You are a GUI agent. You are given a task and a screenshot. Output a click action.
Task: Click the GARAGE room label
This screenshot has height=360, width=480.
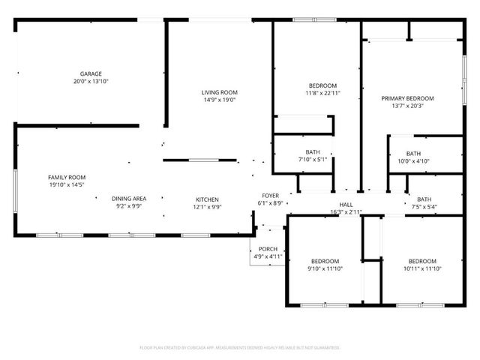click(91, 73)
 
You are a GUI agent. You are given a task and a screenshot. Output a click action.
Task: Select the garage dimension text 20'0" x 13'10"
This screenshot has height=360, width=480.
click(91, 81)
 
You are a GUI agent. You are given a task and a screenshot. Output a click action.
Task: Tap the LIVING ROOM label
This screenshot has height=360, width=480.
click(219, 92)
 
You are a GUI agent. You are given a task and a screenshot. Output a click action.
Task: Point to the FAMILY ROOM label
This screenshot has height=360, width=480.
click(67, 176)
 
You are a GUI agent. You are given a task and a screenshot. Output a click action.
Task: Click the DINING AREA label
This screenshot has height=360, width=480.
click(129, 199)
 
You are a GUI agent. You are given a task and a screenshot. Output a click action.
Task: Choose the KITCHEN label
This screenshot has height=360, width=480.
click(208, 199)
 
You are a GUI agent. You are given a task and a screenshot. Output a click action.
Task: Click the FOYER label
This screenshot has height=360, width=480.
click(270, 196)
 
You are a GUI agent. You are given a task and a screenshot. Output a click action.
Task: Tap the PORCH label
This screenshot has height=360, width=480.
click(268, 250)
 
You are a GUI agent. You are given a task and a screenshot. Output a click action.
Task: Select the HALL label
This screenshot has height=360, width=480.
click(346, 205)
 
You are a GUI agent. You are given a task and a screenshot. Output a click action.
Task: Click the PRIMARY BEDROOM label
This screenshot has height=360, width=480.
click(407, 98)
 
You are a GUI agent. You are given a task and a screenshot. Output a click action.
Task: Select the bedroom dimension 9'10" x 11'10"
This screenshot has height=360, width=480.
click(325, 268)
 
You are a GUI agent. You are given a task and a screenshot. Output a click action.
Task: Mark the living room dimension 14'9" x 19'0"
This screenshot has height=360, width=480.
click(219, 100)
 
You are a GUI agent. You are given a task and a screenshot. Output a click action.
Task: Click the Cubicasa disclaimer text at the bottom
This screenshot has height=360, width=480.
click(240, 348)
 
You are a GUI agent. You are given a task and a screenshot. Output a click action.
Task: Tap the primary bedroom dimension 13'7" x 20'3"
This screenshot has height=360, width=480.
click(407, 106)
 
